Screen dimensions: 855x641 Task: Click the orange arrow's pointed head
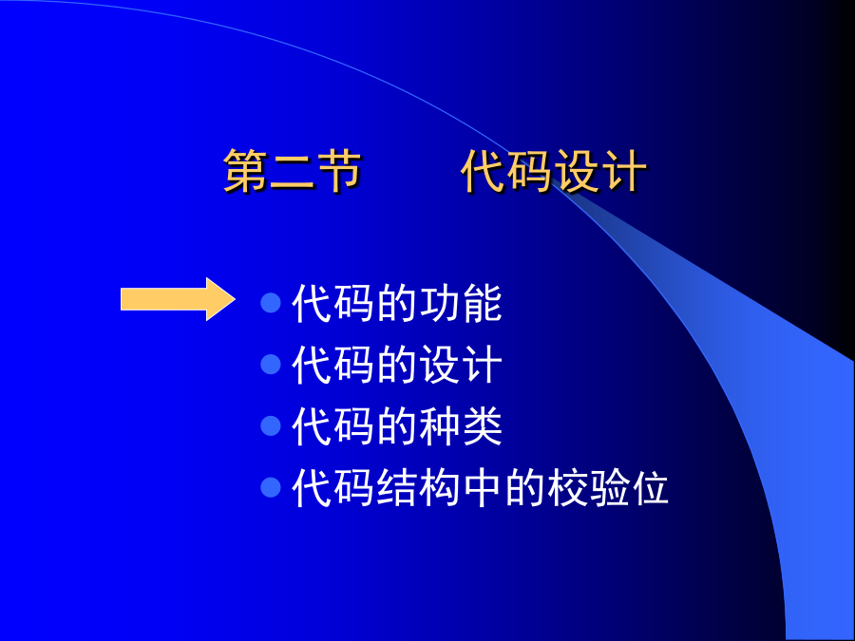[234, 299]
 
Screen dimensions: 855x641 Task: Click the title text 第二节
[292, 171]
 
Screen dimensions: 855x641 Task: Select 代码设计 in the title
[554, 171]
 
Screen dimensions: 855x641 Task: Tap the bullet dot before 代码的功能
[271, 303]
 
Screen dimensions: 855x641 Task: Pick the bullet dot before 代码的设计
[271, 364]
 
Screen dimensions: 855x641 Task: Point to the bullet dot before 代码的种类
[271, 425]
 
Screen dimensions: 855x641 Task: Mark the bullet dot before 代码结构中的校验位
[271, 487]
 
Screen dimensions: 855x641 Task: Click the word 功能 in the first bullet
[461, 303]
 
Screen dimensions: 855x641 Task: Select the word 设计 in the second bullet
[461, 365]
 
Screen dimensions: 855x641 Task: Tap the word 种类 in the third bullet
[461, 426]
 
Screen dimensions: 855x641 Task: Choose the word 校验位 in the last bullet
[607, 488]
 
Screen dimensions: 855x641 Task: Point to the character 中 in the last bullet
[483, 488]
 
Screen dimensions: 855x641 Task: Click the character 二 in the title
[292, 171]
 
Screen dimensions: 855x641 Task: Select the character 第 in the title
[245, 171]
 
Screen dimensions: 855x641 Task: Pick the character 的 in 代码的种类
[397, 426]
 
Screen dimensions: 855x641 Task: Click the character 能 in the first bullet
[483, 303]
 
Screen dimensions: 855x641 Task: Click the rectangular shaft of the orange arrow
[163, 299]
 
